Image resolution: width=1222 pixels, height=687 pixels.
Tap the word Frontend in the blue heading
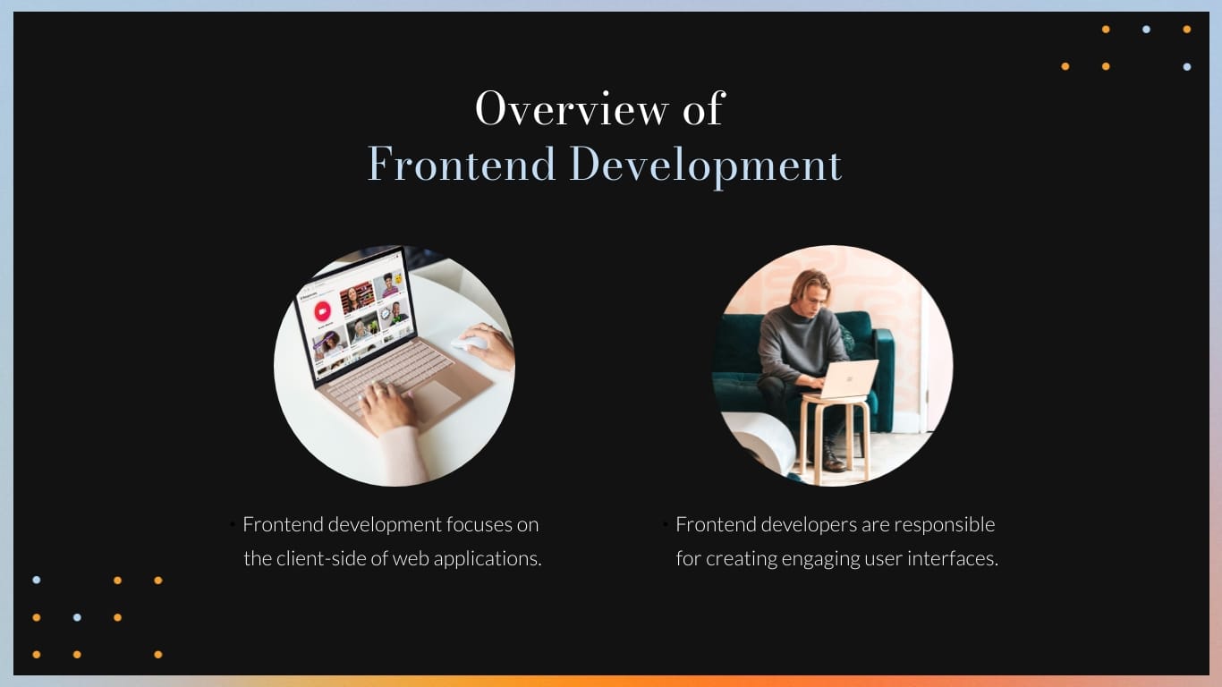click(x=462, y=165)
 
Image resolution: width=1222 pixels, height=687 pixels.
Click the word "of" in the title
click(x=702, y=108)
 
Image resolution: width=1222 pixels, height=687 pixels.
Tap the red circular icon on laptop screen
click(x=322, y=312)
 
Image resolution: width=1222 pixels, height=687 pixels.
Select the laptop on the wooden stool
click(x=847, y=378)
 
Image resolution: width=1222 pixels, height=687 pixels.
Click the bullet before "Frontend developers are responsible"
click(x=666, y=524)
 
